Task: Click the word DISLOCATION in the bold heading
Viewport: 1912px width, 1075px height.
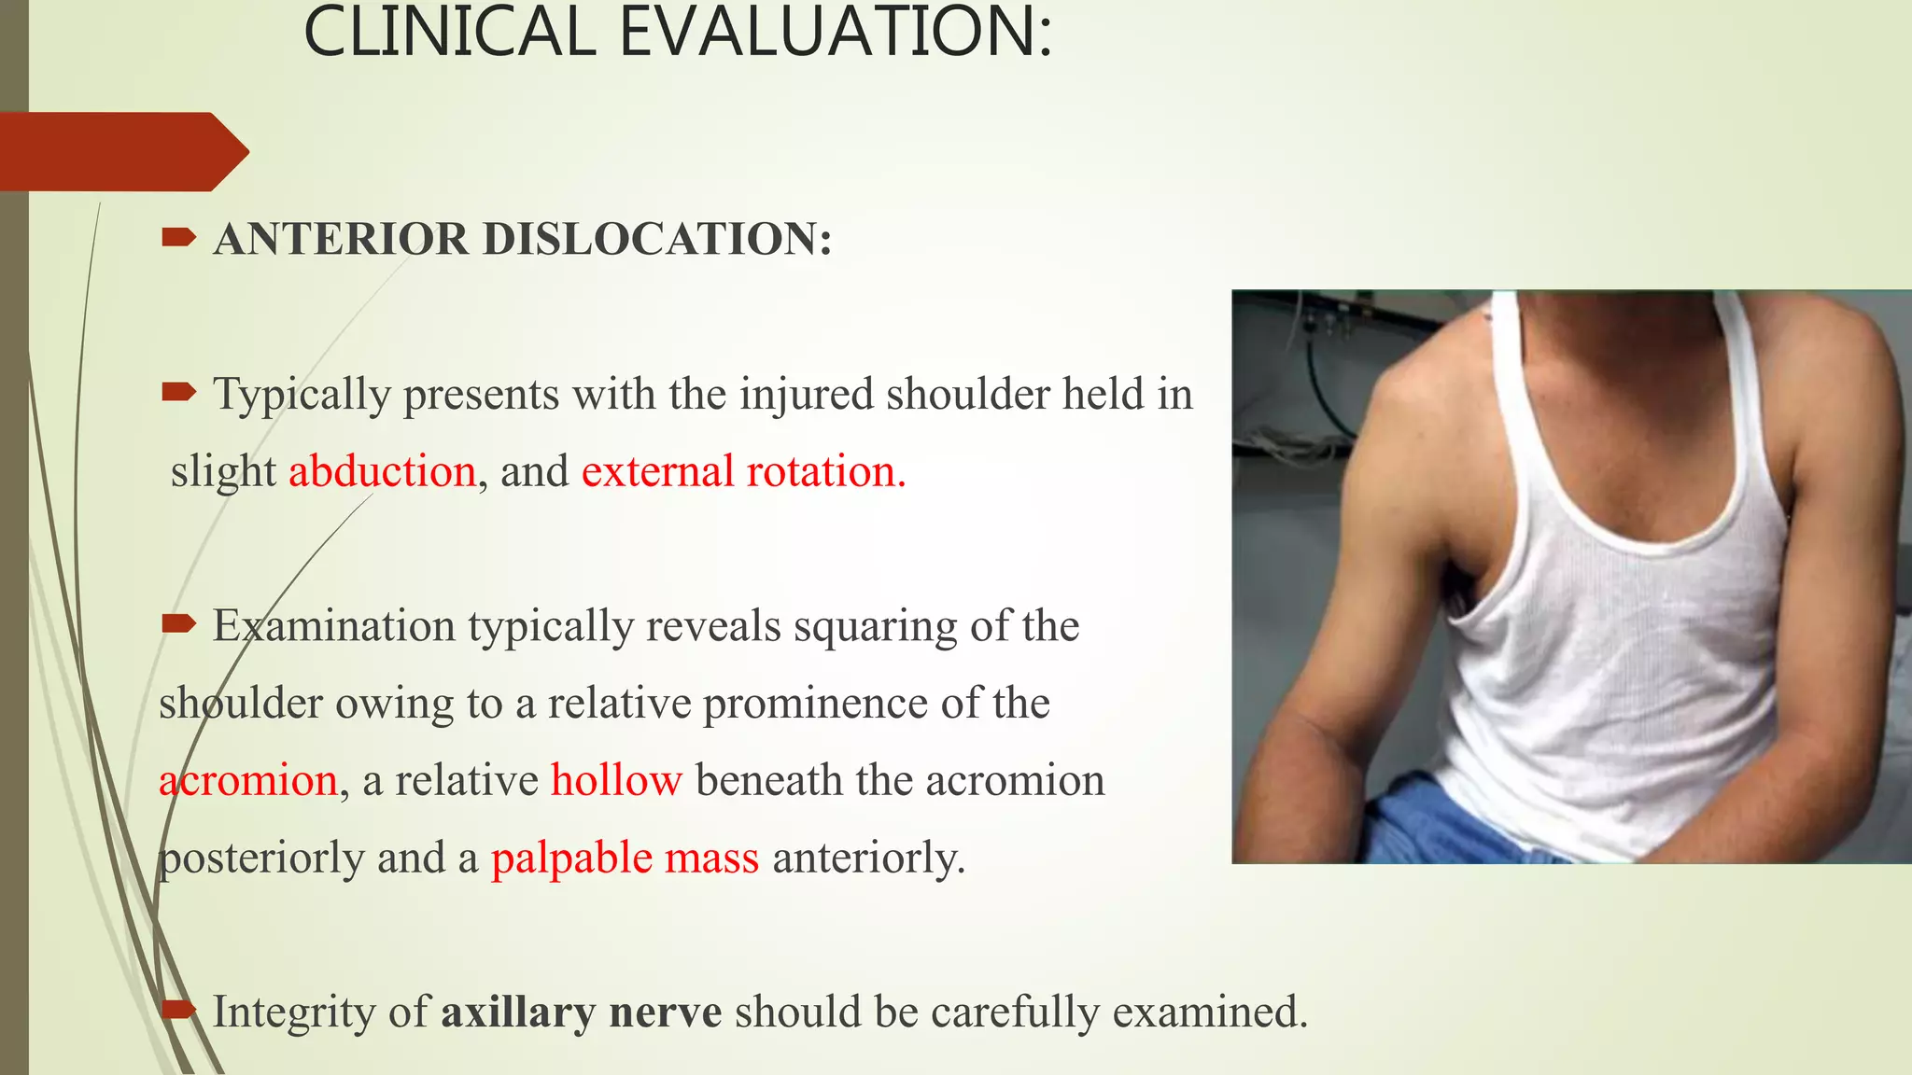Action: point(657,239)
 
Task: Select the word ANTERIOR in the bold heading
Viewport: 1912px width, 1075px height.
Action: point(341,239)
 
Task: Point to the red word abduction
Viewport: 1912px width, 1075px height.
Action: point(383,471)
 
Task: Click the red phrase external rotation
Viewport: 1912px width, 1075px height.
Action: point(743,471)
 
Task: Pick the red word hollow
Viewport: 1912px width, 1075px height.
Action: point(616,780)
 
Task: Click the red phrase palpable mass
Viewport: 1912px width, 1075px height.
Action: point(625,858)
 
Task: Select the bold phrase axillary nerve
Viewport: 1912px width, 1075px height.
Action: point(581,1012)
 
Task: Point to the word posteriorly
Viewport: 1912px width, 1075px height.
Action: point(260,858)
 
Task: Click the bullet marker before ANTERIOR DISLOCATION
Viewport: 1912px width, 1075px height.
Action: point(178,238)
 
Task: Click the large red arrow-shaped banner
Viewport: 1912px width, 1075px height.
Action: point(121,151)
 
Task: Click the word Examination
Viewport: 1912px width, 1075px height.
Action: point(333,625)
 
